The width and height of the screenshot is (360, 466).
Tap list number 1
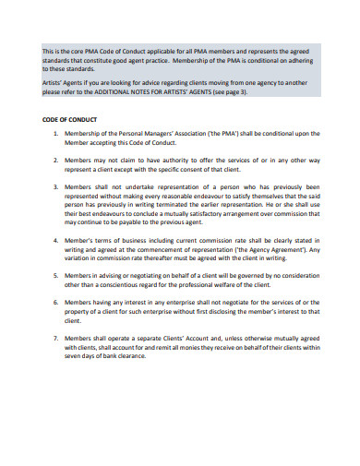pyautogui.click(x=56, y=134)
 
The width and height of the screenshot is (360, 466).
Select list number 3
pyautogui.click(x=56, y=186)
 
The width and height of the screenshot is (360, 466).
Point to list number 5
pyautogui.click(x=56, y=274)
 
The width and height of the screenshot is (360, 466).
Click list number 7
pyautogui.click(x=56, y=338)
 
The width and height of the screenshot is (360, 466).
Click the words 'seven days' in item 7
pyautogui.click(x=82, y=359)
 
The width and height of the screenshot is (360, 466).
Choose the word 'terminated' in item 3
pyautogui.click(x=190, y=206)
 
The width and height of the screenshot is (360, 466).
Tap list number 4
pyautogui.click(x=56, y=239)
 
